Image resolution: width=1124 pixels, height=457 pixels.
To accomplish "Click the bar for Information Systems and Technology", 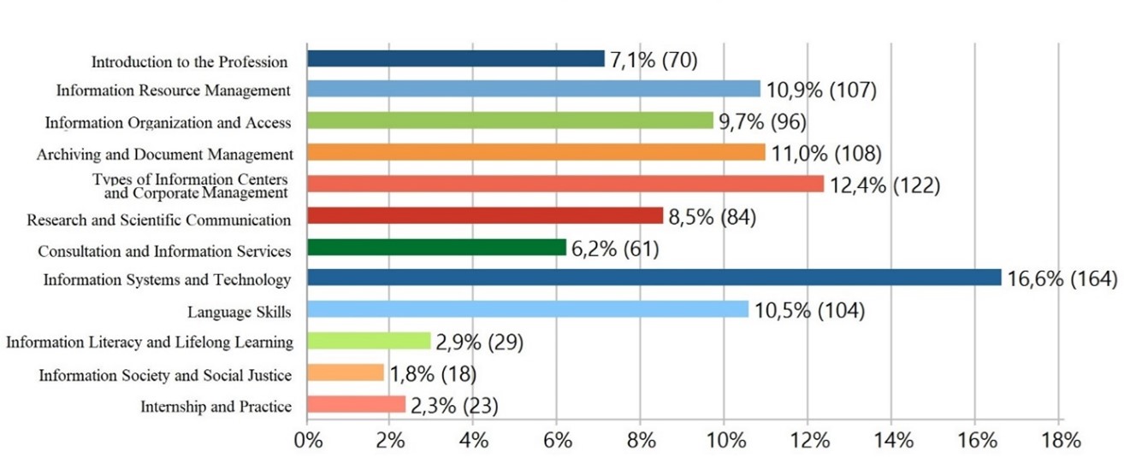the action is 654,278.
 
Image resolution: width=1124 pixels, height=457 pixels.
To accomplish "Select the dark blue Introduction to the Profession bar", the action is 456,59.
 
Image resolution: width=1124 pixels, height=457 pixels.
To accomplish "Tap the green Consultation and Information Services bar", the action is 436,247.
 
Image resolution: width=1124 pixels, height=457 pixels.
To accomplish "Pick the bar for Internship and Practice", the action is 356,404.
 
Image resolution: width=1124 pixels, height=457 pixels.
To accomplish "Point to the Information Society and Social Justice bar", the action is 346,372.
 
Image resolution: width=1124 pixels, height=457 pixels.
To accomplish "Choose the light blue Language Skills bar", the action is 528,309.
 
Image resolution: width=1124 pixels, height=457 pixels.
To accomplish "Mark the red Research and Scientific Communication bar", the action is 485,215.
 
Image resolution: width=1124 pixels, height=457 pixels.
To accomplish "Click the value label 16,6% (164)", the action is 1062,278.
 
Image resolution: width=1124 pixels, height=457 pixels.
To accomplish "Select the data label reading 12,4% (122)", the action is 885,185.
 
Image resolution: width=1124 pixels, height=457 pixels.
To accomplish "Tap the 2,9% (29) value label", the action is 480,343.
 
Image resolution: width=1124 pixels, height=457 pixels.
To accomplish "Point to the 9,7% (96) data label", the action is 763,122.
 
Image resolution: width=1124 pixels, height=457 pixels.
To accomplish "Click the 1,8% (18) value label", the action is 433,374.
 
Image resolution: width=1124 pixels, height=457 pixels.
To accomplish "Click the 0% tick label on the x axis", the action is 308,441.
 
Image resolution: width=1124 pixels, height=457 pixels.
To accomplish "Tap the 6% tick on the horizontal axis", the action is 558,441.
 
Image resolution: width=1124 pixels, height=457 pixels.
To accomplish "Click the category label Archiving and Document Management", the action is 164,155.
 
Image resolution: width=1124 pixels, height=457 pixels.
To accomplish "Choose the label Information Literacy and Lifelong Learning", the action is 150,343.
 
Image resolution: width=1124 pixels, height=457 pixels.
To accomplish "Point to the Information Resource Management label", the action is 173,91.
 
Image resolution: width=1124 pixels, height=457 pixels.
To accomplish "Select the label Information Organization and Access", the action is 169,123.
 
